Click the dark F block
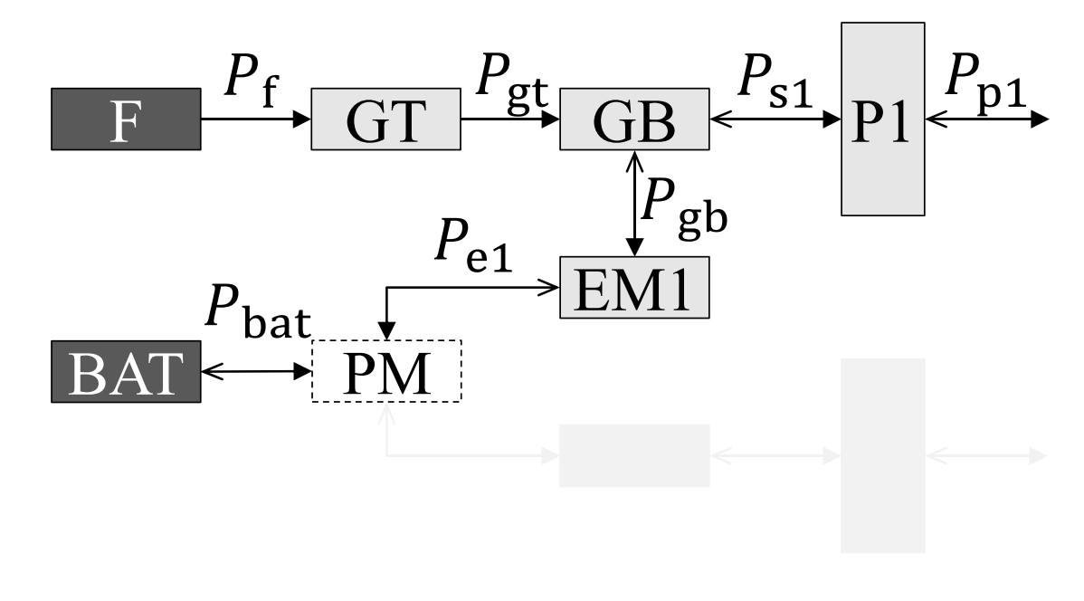pos(125,119)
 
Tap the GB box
pos(634,119)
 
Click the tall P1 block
pos(882,119)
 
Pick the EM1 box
pos(634,288)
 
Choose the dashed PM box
pos(386,371)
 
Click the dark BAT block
pos(125,371)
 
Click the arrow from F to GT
pos(255,119)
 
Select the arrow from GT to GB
pos(510,119)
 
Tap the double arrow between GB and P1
pos(775,119)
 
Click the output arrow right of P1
pos(986,119)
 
